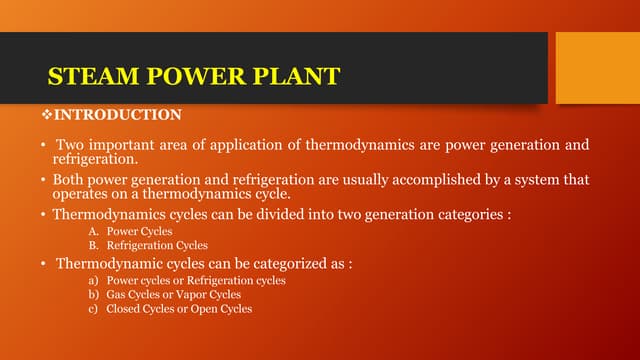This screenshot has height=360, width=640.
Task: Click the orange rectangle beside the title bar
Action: pyautogui.click(x=597, y=67)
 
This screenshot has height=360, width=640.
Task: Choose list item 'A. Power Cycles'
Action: pyautogui.click(x=131, y=231)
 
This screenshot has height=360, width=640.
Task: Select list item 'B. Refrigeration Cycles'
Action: pyautogui.click(x=149, y=245)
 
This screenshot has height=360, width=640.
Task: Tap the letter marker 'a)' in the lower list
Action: pyautogui.click(x=96, y=281)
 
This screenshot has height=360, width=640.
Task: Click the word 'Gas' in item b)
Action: pyautogui.click(x=117, y=295)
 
